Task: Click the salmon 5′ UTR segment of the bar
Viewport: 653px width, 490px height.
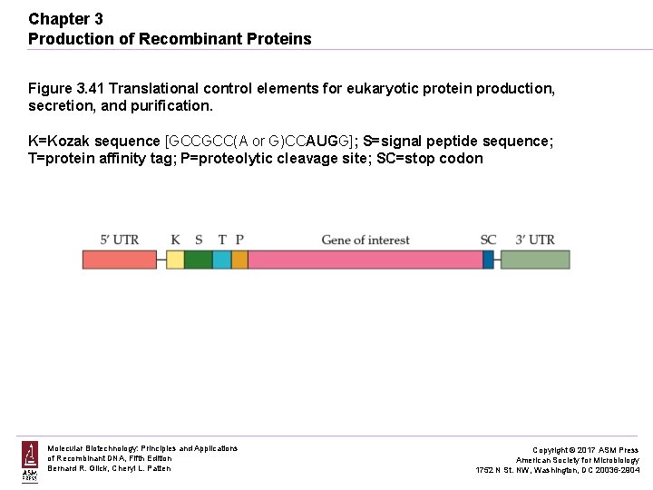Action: [x=120, y=260]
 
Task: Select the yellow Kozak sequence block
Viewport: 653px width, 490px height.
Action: [x=175, y=260]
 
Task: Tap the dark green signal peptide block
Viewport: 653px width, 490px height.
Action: [x=199, y=260]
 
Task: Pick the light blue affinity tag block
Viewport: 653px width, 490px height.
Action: [x=222, y=260]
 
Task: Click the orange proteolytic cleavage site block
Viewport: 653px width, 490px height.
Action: [x=239, y=260]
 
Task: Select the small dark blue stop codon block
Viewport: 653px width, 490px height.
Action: [x=488, y=260]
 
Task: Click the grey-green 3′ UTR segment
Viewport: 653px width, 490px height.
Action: [x=535, y=260]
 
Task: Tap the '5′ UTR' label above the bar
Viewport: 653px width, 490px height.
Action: [x=119, y=240]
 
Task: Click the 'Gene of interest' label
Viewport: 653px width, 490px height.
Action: [x=365, y=240]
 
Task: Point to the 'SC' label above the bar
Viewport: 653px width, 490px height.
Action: [x=488, y=240]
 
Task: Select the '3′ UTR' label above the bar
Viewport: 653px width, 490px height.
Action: [x=534, y=240]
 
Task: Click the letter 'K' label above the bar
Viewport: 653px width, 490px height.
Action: [x=175, y=240]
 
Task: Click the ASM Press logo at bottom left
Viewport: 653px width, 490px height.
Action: [x=30, y=460]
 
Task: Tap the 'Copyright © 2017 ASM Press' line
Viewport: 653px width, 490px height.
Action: [x=584, y=450]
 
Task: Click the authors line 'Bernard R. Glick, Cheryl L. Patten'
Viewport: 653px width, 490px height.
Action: [x=109, y=468]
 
